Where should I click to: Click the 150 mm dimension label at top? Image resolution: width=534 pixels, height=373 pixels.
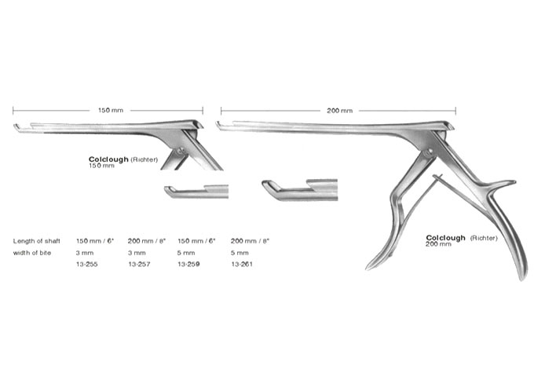coord(111,111)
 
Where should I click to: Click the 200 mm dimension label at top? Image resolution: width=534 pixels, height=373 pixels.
coord(339,111)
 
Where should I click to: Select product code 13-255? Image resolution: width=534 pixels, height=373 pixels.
coord(87,264)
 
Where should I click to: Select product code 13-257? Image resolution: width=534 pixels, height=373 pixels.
coord(139,264)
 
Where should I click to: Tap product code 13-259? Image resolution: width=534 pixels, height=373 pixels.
coord(188,264)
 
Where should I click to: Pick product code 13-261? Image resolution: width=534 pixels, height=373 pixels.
coord(242,264)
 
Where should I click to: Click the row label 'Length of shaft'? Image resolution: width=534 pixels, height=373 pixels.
coord(37,241)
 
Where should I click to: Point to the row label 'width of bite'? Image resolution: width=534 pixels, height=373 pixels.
coord(32,253)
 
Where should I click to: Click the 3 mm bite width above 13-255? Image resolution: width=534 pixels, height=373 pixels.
coord(85,253)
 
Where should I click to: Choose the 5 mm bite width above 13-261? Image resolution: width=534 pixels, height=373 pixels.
coord(240,253)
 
